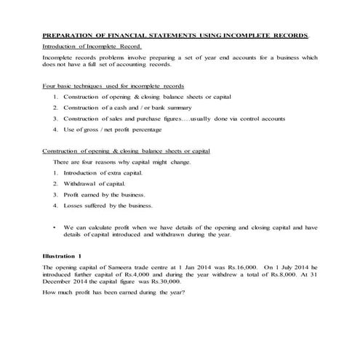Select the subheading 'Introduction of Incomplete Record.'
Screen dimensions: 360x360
[87, 45]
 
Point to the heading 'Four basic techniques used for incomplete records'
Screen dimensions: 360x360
[113, 86]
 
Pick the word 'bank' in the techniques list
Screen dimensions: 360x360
[167, 107]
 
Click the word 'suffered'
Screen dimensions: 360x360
[100, 206]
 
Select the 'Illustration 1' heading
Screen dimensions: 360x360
[63, 258]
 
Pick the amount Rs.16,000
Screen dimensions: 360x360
[226, 269]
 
